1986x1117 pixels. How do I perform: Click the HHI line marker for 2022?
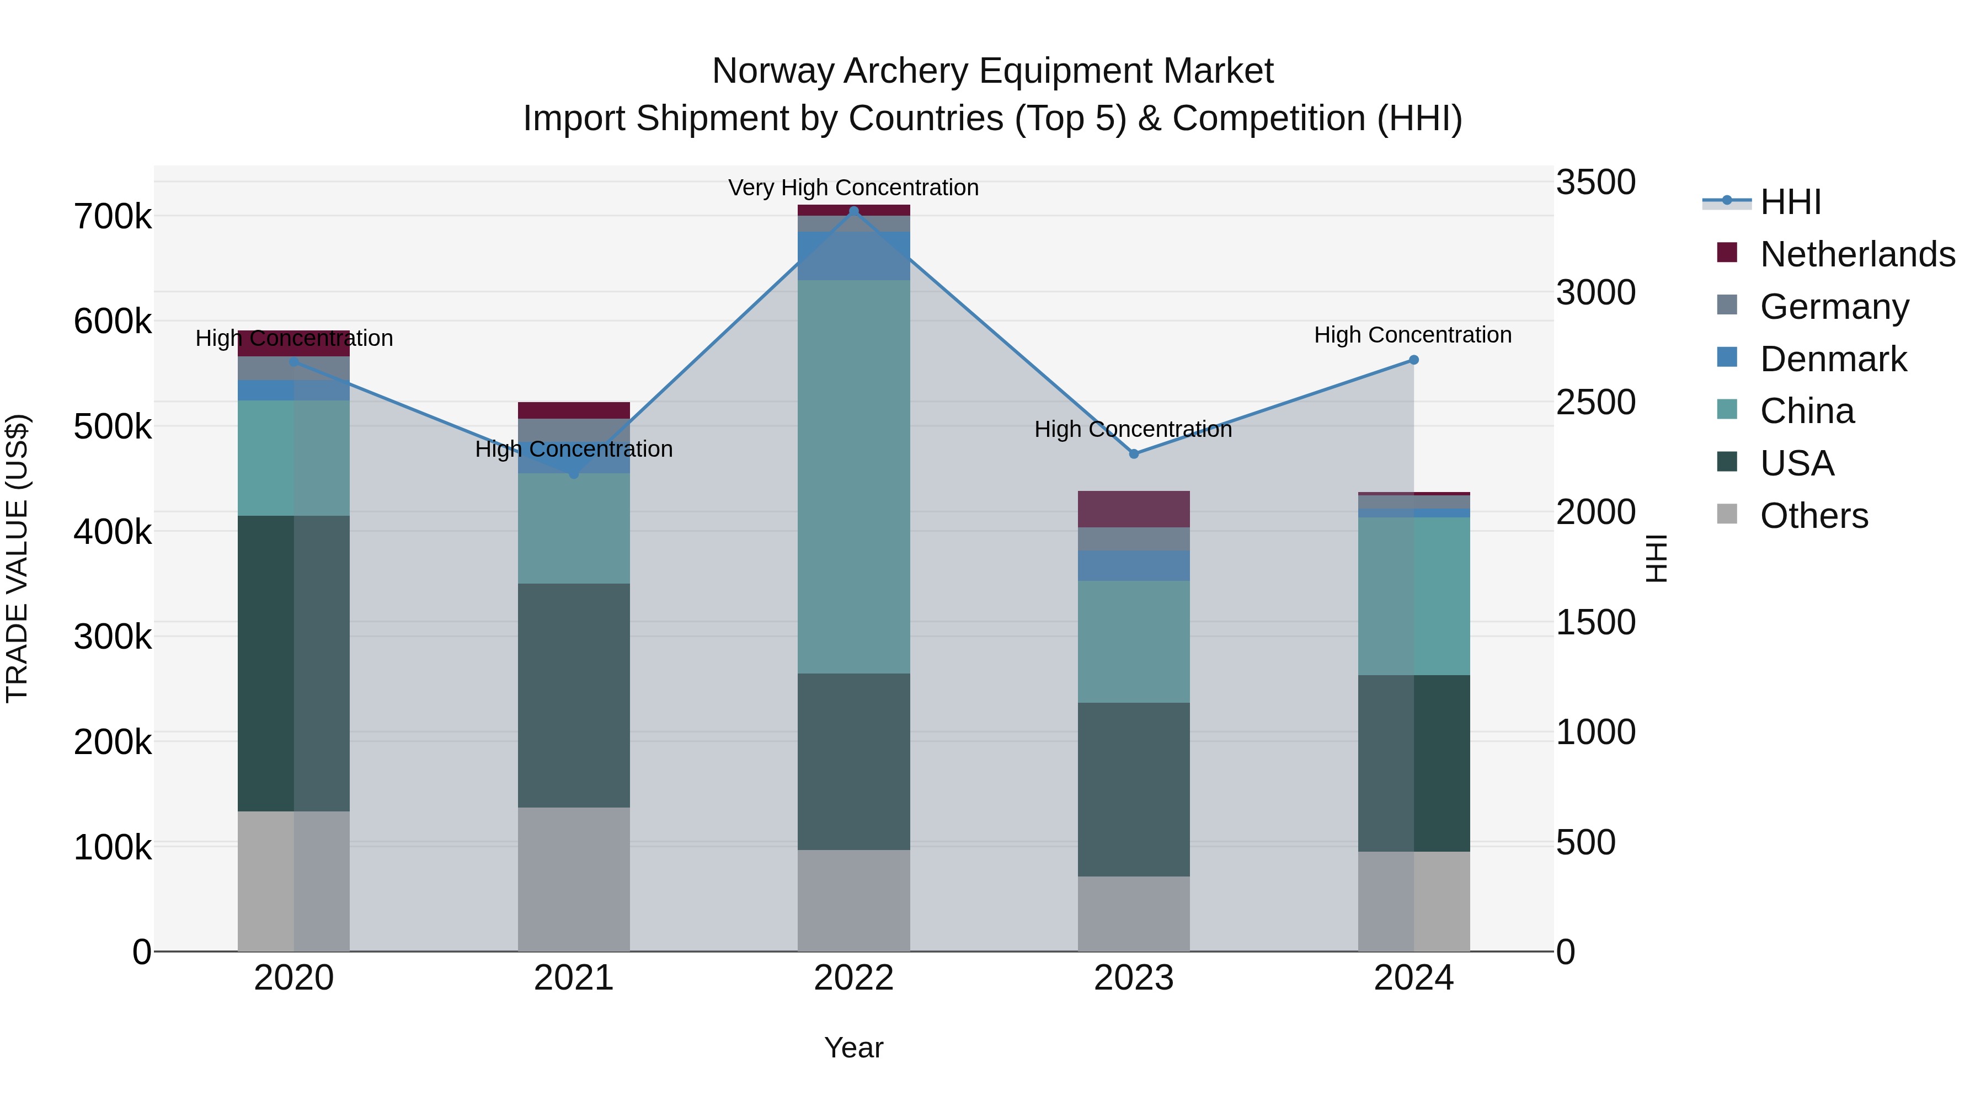click(x=853, y=211)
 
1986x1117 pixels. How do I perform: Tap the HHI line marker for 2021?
click(x=574, y=474)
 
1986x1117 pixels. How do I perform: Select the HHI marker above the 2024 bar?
click(x=1414, y=360)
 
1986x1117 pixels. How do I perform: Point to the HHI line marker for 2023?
click(x=1134, y=454)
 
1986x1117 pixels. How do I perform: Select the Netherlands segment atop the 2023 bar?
click(x=1134, y=509)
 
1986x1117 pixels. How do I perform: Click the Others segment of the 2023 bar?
click(x=1134, y=913)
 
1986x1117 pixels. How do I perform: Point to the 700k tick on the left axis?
click(x=113, y=217)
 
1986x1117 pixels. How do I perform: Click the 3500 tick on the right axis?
click(x=1595, y=183)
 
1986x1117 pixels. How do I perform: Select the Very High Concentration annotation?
click(x=853, y=188)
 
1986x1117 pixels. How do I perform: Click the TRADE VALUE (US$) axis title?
click(x=17, y=558)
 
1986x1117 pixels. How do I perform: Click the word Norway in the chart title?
click(x=772, y=71)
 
